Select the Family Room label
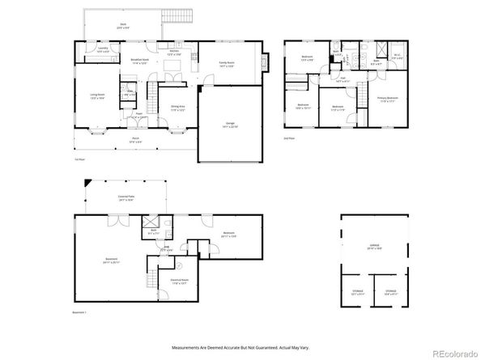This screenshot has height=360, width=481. pos(226,64)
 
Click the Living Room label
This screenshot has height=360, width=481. pos(97,95)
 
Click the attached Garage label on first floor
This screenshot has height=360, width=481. pos(231,125)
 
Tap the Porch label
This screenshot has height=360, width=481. pos(136,139)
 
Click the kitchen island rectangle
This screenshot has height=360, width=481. pos(172,64)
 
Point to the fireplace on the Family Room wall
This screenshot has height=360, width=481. pos(268,60)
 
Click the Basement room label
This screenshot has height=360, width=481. pos(111,260)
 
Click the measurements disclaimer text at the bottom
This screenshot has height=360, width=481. pos(240,349)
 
